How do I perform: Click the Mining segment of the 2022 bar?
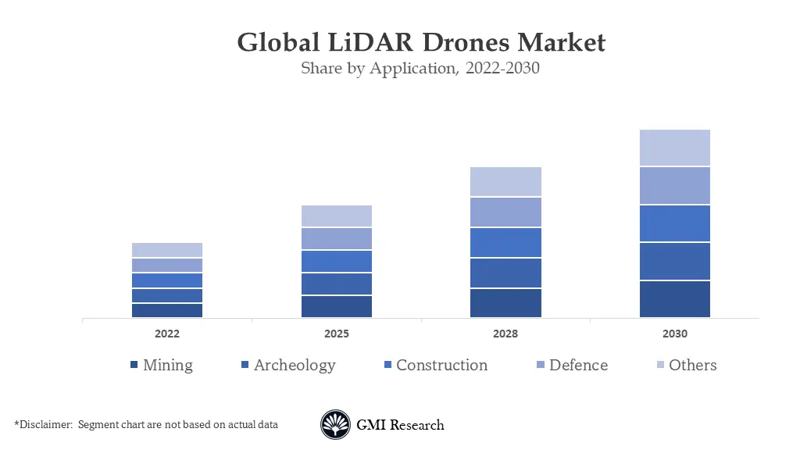(x=167, y=310)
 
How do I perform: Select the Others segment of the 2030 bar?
(x=674, y=148)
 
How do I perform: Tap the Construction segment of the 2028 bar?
(x=505, y=242)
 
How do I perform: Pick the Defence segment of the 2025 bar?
(x=336, y=238)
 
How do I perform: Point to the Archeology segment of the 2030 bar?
(x=674, y=261)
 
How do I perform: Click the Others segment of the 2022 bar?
(x=167, y=250)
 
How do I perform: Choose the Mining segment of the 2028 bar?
(x=505, y=303)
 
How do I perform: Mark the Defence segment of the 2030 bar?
(x=674, y=186)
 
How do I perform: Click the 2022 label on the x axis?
(x=167, y=334)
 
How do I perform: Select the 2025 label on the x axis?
(x=336, y=334)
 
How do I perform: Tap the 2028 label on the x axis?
(x=505, y=334)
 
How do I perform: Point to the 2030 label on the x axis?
(x=674, y=334)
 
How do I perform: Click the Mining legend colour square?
(x=134, y=366)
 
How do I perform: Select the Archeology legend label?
(x=295, y=365)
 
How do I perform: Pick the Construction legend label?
(x=441, y=365)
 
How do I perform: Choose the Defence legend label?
(x=578, y=365)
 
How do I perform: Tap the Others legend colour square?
(x=660, y=366)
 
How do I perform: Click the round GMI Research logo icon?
(x=335, y=425)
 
